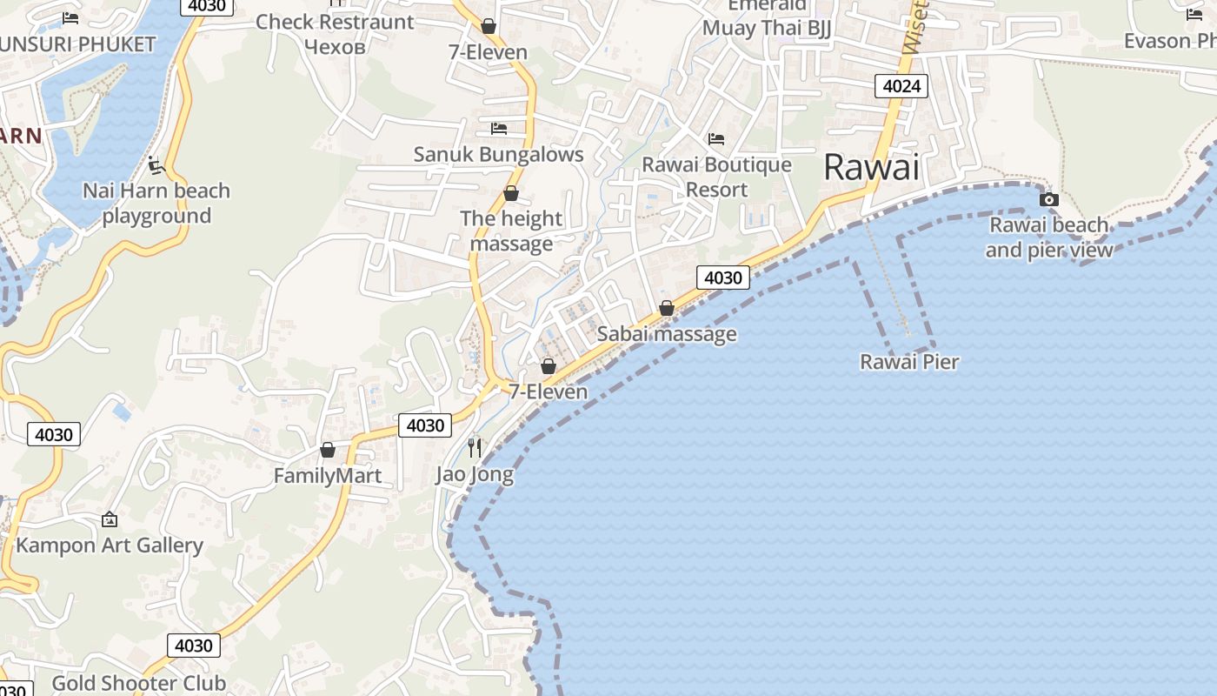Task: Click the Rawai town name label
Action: pyautogui.click(x=871, y=167)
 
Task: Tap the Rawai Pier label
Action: pyautogui.click(x=909, y=362)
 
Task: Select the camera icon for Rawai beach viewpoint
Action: pyautogui.click(x=1049, y=199)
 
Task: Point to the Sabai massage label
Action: pyautogui.click(x=667, y=334)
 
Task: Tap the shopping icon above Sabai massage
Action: pyautogui.click(x=667, y=308)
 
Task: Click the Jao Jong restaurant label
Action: pyautogui.click(x=475, y=475)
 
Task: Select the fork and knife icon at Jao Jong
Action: pyautogui.click(x=475, y=448)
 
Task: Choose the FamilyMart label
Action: pyautogui.click(x=328, y=476)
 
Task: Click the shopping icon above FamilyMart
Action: pyautogui.click(x=328, y=450)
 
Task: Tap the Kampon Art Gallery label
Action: pyautogui.click(x=110, y=545)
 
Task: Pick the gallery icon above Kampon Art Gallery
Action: pyautogui.click(x=110, y=519)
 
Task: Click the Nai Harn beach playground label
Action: pyautogui.click(x=156, y=203)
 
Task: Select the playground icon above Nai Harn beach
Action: pyautogui.click(x=156, y=164)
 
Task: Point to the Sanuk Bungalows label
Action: pyautogui.click(x=498, y=155)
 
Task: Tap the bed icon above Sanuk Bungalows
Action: pyautogui.click(x=499, y=129)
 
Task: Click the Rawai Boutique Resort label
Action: pyautogui.click(x=717, y=177)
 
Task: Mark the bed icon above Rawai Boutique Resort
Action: pyautogui.click(x=716, y=138)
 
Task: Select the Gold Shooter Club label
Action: pyautogui.click(x=139, y=683)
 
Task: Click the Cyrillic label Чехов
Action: pyautogui.click(x=335, y=46)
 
